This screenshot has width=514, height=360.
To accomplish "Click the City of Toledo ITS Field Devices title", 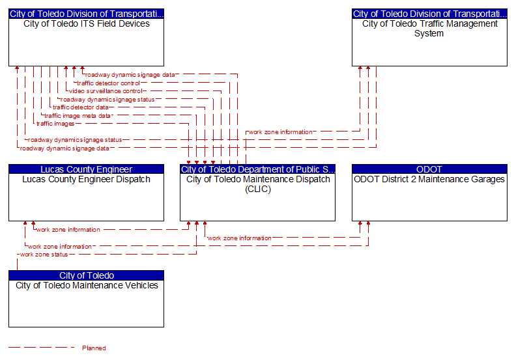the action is point(87,24).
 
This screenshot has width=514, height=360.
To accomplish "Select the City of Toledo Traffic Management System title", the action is point(429,29).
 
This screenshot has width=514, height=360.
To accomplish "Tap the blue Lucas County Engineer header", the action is point(86,169).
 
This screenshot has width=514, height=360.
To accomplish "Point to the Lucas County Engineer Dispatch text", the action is point(86,180).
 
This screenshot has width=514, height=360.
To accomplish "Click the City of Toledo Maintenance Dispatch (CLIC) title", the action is point(258,184).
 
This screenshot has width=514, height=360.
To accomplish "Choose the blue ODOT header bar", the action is point(429,169).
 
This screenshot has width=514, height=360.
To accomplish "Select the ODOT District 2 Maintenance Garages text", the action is point(429,180).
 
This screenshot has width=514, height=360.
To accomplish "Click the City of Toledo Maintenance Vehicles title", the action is point(87,286).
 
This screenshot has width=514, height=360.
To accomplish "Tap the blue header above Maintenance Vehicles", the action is point(86,275).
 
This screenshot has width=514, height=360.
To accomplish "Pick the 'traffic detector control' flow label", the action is point(108,83).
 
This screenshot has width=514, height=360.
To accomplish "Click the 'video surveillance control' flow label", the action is point(106,91).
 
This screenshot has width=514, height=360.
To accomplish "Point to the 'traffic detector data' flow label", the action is point(80,107).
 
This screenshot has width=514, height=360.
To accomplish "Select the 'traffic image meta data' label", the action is point(78,116).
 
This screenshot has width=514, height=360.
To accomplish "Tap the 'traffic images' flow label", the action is point(55,124).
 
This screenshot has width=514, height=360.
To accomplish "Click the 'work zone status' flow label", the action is point(44,255).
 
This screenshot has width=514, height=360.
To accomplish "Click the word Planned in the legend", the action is point(94,348).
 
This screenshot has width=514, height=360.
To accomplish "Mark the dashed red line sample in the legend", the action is point(41,347).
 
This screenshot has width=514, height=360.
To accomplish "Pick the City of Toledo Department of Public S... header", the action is point(258,169).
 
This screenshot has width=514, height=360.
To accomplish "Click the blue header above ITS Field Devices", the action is point(86,14).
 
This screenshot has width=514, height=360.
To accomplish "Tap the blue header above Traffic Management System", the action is point(429,14).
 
